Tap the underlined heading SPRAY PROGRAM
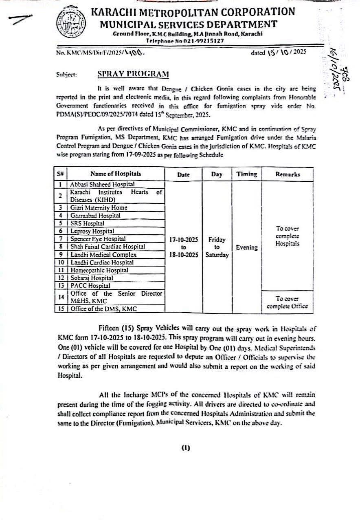click(x=133, y=74)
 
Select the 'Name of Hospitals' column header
click(x=116, y=174)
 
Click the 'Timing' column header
click(x=247, y=174)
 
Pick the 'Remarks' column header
click(x=288, y=174)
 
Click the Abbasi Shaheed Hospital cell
click(x=102, y=184)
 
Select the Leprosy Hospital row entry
click(x=92, y=231)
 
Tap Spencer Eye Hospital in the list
click(x=98, y=239)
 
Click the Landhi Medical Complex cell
click(x=103, y=254)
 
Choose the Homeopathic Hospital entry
click(x=99, y=270)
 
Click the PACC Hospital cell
click(x=90, y=286)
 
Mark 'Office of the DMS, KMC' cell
click(x=103, y=308)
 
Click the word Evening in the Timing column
click(x=247, y=247)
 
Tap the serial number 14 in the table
click(x=60, y=297)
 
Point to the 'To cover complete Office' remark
click(x=287, y=302)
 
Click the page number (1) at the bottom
click(x=185, y=448)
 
